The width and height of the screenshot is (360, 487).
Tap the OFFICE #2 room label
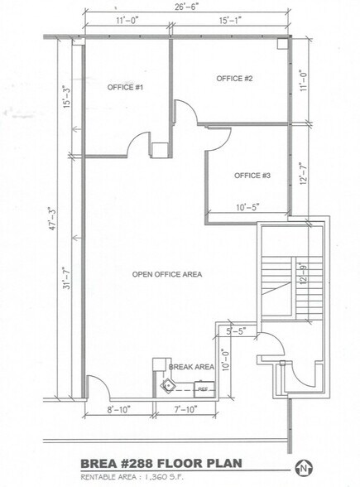pyautogui.click(x=234, y=79)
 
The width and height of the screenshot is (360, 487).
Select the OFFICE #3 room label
pyautogui.click(x=252, y=176)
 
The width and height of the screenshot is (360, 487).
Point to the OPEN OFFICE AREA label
pyautogui.click(x=168, y=274)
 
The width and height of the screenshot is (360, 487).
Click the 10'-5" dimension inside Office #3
pyautogui.click(x=247, y=207)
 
